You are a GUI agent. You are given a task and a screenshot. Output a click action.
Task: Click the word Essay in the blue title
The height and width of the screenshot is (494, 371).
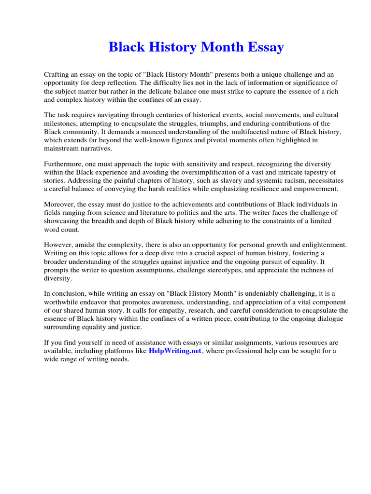[x=263, y=47]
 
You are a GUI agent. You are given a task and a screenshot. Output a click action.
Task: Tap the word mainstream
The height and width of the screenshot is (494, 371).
[x=61, y=148]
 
